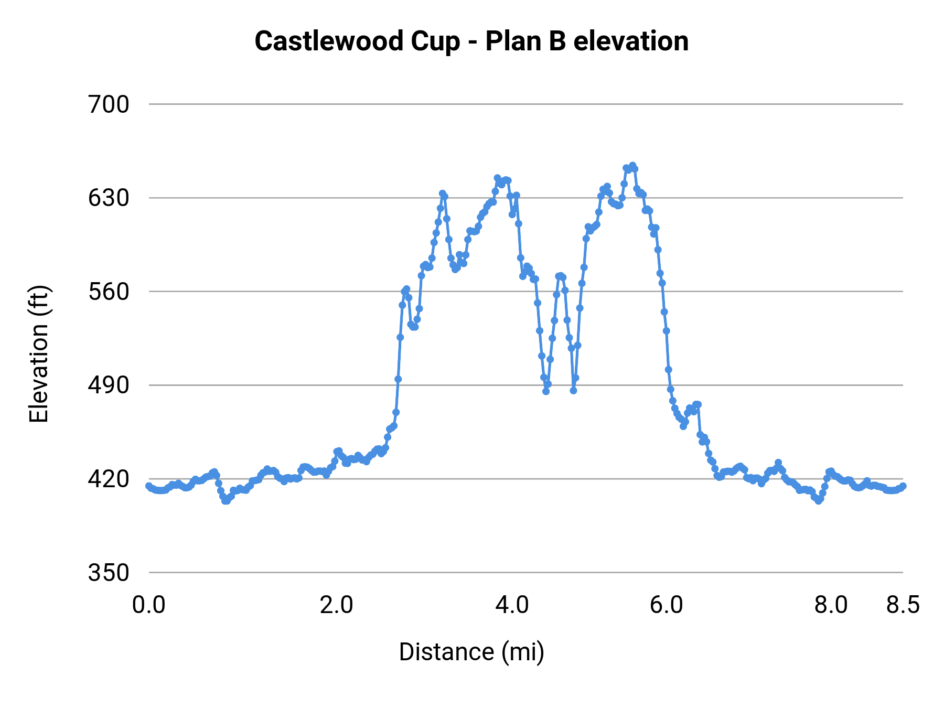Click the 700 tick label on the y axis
109,105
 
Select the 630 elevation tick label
109,198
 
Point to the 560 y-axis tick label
109,292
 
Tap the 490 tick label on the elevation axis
109,385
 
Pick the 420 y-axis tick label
109,479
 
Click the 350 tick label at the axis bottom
109,573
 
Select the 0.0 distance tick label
149,605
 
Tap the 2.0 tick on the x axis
337,605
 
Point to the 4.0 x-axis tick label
512,605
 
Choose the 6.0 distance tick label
667,605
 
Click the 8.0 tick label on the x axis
831,605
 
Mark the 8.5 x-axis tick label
903,605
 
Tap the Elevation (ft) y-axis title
39,354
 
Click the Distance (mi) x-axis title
471,652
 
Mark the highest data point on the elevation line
632,166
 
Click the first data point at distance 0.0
149,486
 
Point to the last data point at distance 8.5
903,486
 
